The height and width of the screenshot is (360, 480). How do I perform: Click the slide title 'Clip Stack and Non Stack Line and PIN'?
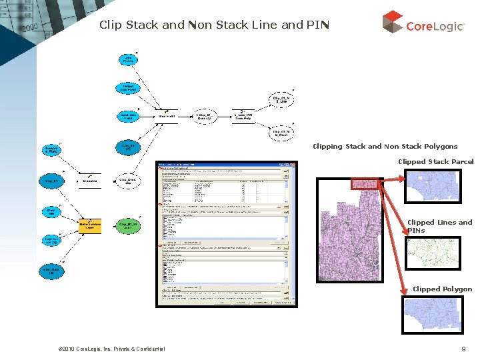[x=214, y=25]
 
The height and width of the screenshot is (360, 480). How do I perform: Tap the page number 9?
[x=463, y=349]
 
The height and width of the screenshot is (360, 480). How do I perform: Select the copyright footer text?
[x=112, y=349]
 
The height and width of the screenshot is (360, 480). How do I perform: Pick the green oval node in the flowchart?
[x=129, y=225]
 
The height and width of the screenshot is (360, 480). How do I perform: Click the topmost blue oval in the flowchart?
[x=128, y=59]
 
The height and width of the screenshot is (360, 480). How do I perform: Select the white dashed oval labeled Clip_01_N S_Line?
[x=283, y=99]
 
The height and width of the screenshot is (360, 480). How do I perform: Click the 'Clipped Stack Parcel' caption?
[x=435, y=161]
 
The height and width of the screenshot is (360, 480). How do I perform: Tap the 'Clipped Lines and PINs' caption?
[x=439, y=226]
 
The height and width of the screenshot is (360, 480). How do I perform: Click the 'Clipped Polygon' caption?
[x=442, y=289]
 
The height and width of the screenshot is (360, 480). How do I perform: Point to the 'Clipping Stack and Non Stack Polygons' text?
[x=385, y=146]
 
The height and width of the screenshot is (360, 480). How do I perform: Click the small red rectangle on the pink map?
[x=365, y=184]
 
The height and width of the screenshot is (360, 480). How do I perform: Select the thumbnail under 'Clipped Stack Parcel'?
[x=432, y=188]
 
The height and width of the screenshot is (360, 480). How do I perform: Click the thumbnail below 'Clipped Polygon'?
[x=432, y=315]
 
